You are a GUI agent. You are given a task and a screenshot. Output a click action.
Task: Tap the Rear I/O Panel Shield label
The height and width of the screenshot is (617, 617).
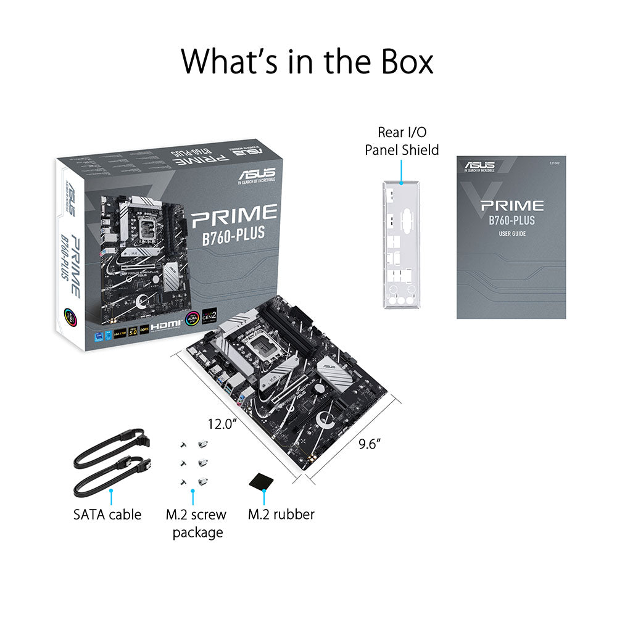[x=402, y=141]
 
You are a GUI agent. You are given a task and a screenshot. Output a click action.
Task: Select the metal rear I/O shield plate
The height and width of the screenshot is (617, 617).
[x=401, y=246]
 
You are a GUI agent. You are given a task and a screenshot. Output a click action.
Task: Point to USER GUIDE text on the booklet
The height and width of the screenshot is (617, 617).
[x=511, y=233]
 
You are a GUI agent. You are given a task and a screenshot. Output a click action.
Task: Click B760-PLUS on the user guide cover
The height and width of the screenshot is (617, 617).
[x=511, y=220]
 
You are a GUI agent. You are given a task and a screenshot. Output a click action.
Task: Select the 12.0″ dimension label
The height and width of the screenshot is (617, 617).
[x=222, y=424]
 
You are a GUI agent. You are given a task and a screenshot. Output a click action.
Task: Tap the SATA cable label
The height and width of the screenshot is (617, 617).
[x=107, y=514]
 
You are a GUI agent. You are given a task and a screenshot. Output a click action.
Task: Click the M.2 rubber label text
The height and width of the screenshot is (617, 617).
[x=281, y=514]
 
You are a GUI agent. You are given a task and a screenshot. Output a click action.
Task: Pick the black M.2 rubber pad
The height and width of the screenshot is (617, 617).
[x=262, y=480]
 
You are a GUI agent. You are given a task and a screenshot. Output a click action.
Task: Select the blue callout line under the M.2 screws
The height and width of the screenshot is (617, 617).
[x=193, y=497]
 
